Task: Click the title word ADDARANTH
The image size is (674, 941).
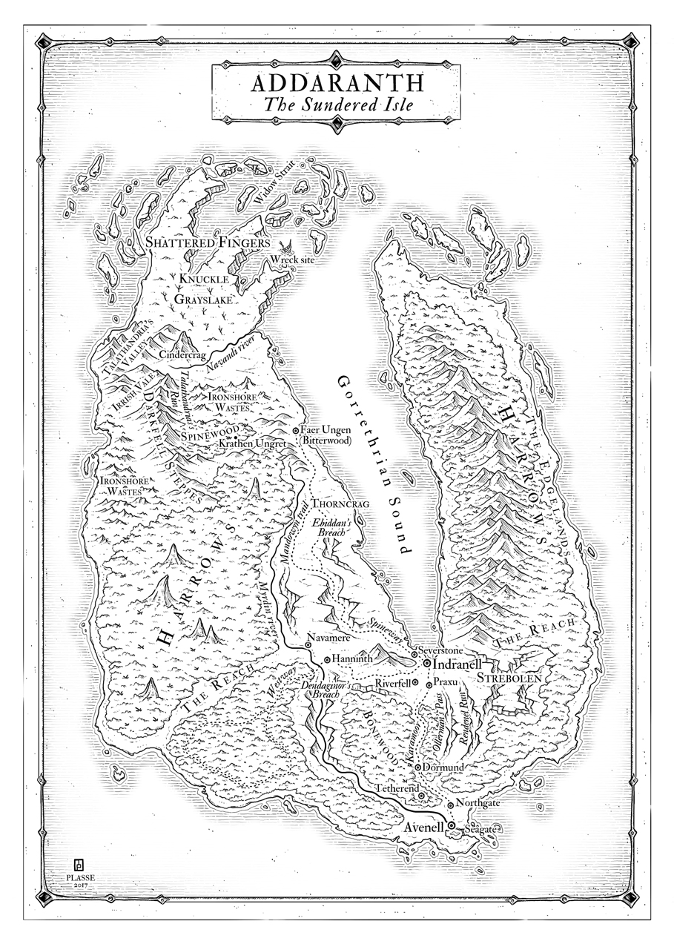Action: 337,81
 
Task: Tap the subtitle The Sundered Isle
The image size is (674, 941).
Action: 337,104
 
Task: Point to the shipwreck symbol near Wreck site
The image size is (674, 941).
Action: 285,246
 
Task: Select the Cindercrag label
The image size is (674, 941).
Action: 182,355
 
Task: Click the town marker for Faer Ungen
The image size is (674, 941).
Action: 296,430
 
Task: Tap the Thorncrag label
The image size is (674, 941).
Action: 341,503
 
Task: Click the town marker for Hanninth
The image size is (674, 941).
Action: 327,659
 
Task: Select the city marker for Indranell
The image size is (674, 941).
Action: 427,663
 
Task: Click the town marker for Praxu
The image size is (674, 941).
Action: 429,682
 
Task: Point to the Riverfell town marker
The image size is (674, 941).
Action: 415,682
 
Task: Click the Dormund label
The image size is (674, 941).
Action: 443,767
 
